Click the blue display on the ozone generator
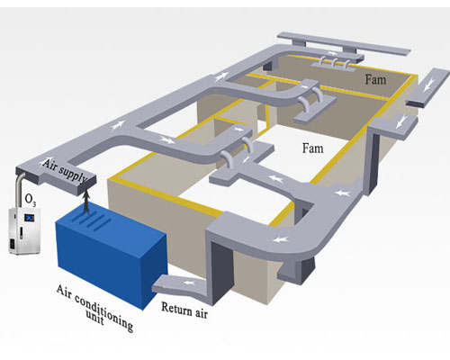coord(30,217)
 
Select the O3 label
coord(31,200)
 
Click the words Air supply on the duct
coord(64,171)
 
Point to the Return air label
coord(184,310)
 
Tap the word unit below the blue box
coord(95,318)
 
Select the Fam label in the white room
coord(312,148)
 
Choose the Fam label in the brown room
coord(375,79)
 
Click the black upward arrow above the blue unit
coord(86,202)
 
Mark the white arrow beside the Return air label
coord(188,283)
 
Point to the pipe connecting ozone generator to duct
coord(19,192)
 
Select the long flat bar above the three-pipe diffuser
coord(344,42)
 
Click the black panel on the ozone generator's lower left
coord(12,245)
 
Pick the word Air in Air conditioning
coord(65,292)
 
